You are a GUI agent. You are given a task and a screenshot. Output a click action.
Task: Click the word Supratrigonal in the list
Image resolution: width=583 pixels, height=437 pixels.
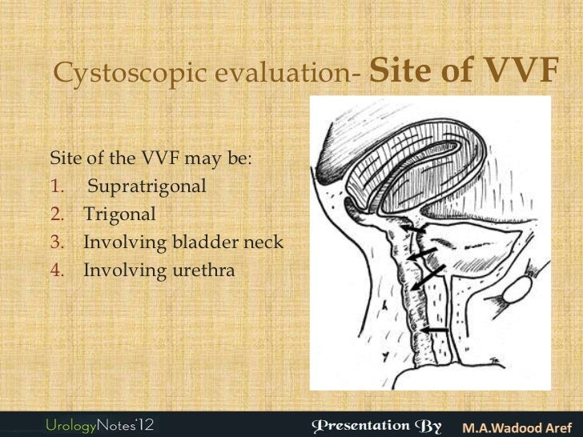point(147,186)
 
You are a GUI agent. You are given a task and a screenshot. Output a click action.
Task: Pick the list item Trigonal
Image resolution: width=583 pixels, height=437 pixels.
point(120,214)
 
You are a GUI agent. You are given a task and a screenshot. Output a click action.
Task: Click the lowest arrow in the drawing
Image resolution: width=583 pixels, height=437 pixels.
point(436,329)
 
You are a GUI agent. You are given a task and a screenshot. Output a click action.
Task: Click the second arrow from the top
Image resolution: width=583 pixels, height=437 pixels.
point(425,254)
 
